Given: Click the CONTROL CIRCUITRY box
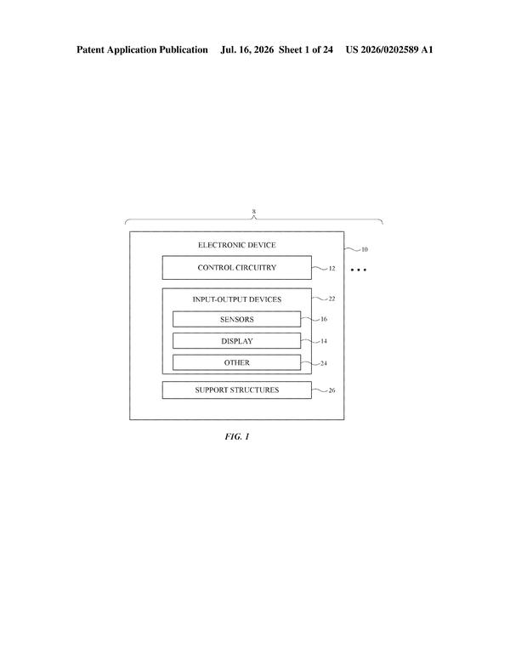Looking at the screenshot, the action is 237,267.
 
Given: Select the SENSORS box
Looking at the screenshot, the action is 237,319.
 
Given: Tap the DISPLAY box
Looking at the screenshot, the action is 237,341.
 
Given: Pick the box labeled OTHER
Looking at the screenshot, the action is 237,362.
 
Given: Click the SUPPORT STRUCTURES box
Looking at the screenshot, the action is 237,390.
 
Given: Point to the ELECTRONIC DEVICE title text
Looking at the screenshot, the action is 237,245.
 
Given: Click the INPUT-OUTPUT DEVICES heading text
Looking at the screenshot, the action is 237,299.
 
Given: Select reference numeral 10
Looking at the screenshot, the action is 365,249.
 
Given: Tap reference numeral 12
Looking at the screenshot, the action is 332,269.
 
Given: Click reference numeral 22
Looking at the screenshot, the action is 332,299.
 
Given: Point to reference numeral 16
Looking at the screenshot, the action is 324,319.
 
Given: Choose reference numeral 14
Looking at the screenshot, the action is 324,341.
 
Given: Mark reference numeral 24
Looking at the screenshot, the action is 324,363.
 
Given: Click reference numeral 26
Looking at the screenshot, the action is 332,390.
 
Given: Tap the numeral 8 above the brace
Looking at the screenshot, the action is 254,211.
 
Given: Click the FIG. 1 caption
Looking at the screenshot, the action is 237,436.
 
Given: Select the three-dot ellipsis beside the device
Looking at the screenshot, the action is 359,270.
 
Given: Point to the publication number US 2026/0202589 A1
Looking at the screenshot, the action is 389,49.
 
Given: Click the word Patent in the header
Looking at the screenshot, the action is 90,49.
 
